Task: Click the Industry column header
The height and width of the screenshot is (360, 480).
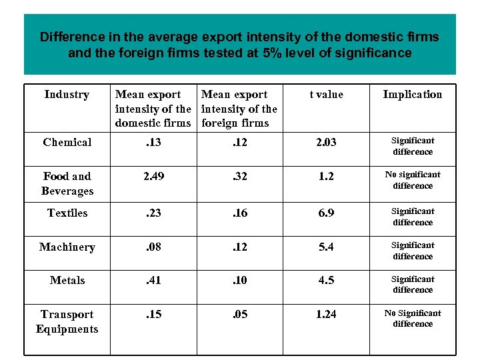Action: tap(67, 95)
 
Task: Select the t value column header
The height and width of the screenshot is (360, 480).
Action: tap(327, 95)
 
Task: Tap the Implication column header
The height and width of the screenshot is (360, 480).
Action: tap(412, 95)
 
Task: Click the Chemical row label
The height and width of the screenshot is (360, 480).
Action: tap(67, 142)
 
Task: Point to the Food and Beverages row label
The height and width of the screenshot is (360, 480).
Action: tap(67, 183)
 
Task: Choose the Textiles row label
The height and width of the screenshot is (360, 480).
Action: tap(67, 213)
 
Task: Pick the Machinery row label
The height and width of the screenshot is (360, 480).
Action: tap(67, 247)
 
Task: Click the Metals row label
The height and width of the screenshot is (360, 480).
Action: tap(67, 280)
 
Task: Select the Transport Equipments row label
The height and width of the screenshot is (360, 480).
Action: tap(67, 321)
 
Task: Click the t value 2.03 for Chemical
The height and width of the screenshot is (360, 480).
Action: tap(326, 142)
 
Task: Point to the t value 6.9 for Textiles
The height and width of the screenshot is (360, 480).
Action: tap(326, 213)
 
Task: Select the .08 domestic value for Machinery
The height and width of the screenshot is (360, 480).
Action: tap(153, 247)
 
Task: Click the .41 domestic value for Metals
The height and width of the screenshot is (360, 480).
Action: tap(153, 280)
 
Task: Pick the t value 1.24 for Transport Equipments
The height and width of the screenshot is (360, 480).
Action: tap(326, 314)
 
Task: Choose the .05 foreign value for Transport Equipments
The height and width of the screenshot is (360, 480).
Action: tap(239, 314)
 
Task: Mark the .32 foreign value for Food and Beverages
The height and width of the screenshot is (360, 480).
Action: tap(239, 176)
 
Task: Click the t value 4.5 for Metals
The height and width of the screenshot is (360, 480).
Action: tap(326, 280)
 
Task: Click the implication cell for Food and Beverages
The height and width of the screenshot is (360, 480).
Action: tap(413, 180)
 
